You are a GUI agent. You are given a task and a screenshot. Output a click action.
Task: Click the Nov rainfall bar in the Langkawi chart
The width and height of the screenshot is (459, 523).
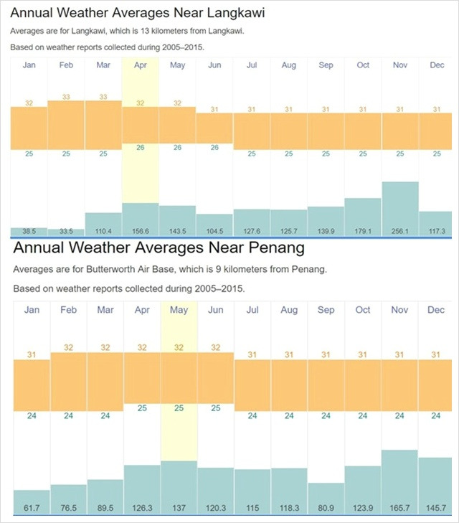[x=400, y=209]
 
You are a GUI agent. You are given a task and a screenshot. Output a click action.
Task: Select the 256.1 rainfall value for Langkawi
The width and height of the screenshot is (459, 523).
[x=400, y=231]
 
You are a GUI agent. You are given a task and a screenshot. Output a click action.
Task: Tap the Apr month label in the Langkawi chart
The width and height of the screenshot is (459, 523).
[x=141, y=65]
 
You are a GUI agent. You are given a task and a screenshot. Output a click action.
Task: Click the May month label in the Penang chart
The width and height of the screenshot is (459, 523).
[x=179, y=310]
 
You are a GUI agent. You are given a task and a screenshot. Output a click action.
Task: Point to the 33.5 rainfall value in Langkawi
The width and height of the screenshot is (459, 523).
[x=66, y=231]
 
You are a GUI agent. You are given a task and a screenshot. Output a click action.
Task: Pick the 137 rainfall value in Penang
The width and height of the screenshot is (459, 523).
[x=179, y=508]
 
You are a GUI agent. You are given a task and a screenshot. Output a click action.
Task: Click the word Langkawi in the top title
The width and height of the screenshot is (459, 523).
[x=236, y=13]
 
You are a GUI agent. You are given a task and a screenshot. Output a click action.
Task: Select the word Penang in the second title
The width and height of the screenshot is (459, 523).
[x=277, y=248]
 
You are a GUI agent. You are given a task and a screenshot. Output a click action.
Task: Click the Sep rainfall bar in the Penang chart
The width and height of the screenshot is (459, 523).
[x=326, y=499]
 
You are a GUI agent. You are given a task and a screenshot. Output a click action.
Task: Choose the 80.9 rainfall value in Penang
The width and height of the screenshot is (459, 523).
[x=326, y=508]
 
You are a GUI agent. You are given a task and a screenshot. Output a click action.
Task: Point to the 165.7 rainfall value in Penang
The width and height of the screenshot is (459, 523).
[x=399, y=508]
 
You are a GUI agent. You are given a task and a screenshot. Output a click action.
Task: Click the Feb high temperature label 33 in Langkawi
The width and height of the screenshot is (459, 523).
[x=66, y=97]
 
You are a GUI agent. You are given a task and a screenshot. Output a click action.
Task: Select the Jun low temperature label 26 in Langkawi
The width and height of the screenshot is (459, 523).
[x=214, y=147]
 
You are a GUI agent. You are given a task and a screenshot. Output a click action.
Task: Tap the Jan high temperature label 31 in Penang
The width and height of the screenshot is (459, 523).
[x=32, y=354]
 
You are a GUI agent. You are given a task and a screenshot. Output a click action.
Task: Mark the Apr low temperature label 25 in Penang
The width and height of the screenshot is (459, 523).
[x=142, y=408]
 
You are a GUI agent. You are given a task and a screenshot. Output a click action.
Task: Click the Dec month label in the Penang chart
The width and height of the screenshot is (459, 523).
[x=436, y=310]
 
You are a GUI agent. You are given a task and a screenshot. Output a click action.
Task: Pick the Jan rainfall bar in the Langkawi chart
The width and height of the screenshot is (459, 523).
[x=29, y=232]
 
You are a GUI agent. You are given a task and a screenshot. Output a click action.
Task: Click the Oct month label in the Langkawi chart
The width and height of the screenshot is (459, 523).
[x=363, y=65]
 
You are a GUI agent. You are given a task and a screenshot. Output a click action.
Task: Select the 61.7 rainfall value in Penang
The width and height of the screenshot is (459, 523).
[x=32, y=508]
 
